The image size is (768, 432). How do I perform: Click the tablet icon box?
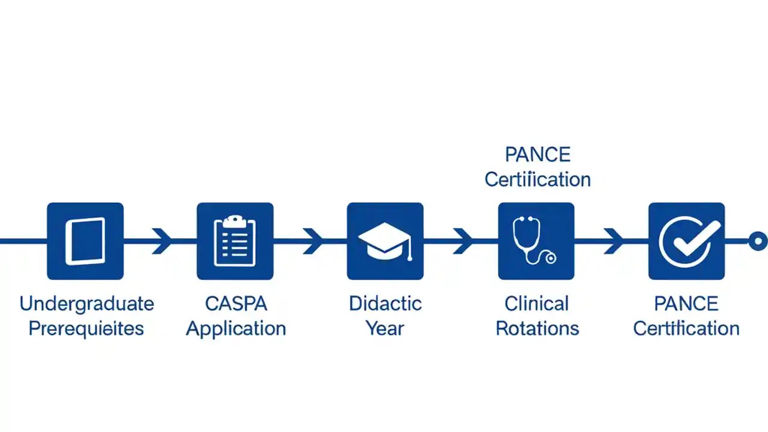(x=85, y=241)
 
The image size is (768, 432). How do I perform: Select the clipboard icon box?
(x=235, y=241)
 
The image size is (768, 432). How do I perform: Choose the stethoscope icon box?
(x=536, y=241)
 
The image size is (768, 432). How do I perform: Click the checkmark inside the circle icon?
(x=687, y=241)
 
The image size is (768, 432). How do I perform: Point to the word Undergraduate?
(x=86, y=304)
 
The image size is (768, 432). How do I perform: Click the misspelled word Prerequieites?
(x=86, y=329)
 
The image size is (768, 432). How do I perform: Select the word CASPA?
(x=235, y=304)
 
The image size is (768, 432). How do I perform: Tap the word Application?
(x=236, y=329)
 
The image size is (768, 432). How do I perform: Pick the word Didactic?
(x=385, y=304)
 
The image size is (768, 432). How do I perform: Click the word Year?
(x=385, y=329)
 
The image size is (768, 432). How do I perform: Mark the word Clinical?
(x=536, y=304)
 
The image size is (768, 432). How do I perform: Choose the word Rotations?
(x=537, y=329)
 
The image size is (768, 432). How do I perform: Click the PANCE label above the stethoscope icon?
(x=537, y=155)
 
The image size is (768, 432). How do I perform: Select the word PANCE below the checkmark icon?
(x=686, y=304)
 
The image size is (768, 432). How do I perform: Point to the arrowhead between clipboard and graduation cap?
(x=313, y=241)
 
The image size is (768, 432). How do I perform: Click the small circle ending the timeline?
(x=758, y=241)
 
